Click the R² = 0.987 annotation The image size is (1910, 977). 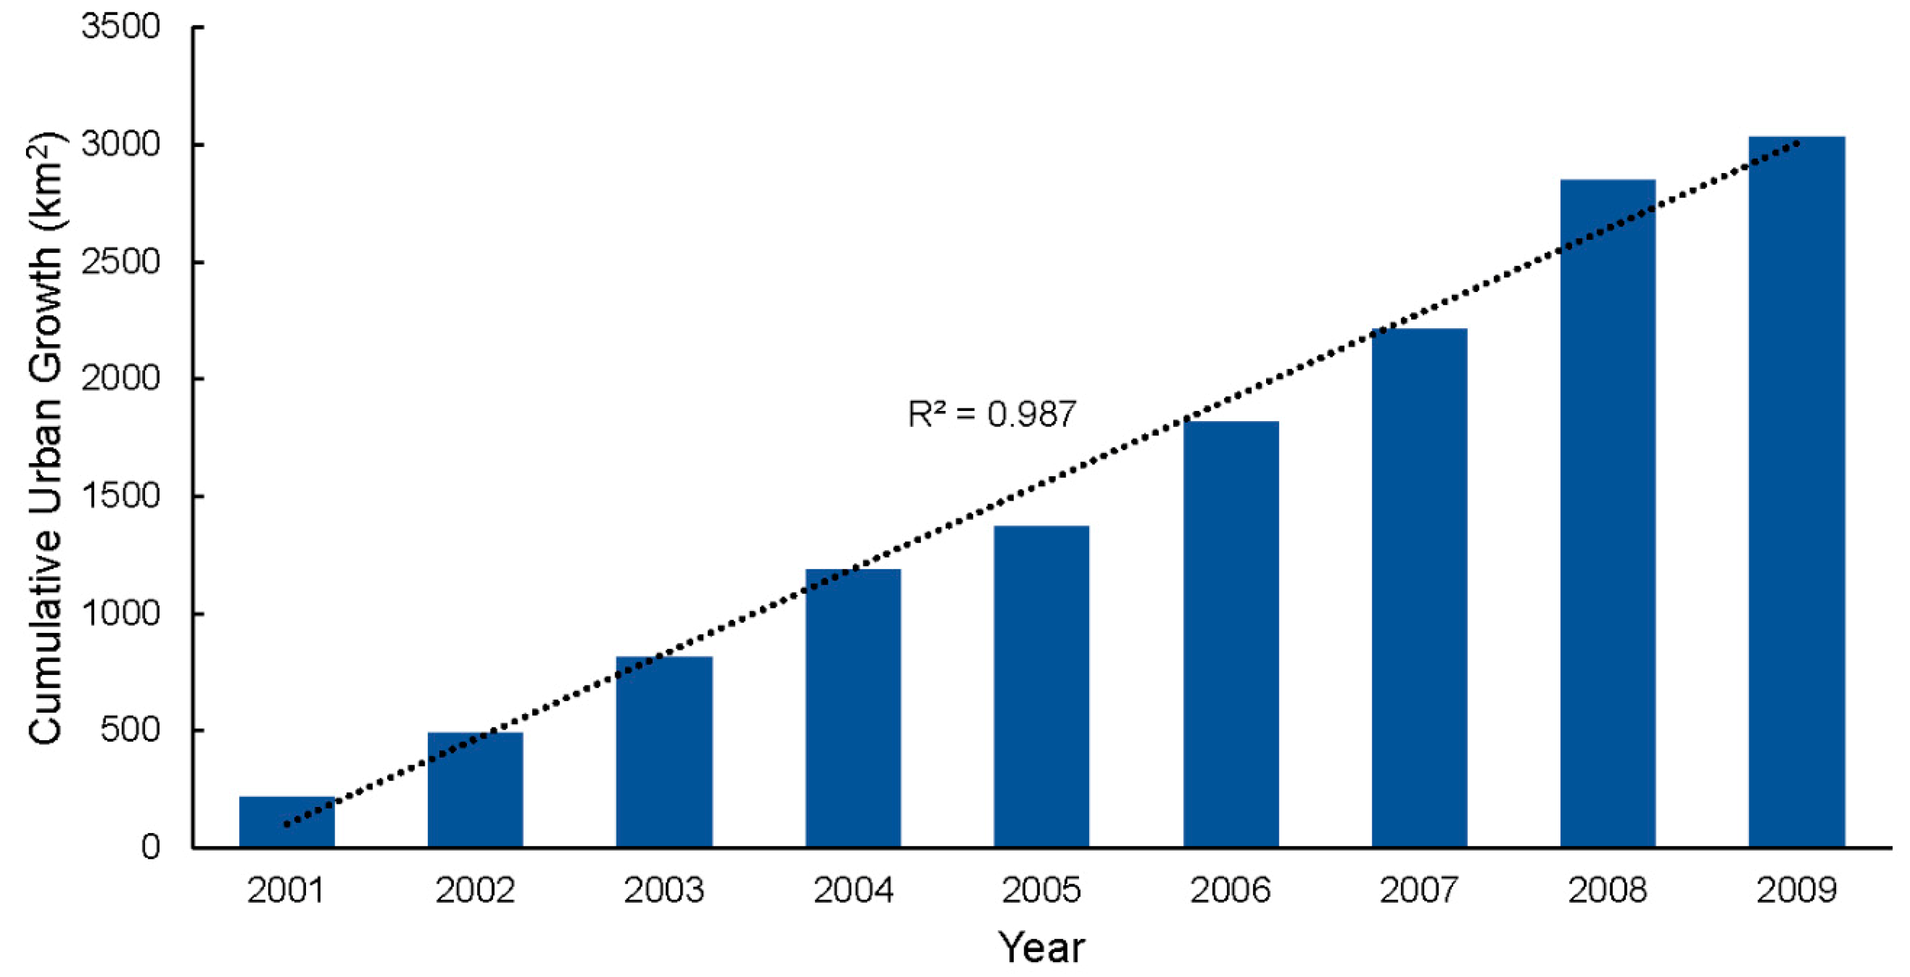pyautogui.click(x=991, y=414)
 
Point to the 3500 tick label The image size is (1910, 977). pyautogui.click(x=121, y=28)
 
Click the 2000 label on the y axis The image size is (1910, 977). pyautogui.click(x=121, y=379)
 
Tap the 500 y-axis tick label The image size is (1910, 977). pyautogui.click(x=131, y=730)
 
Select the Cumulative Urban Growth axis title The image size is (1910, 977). pyautogui.click(x=45, y=438)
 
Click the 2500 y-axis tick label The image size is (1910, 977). pyautogui.click(x=121, y=262)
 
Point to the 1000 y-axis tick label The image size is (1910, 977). pyautogui.click(x=121, y=614)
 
